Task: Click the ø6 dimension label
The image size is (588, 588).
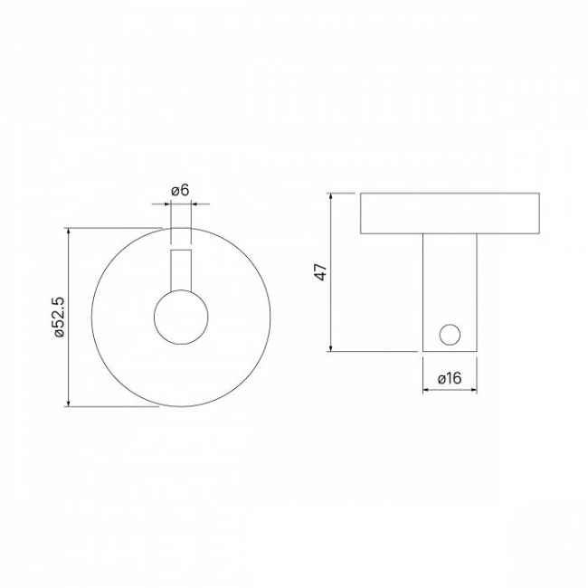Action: (180, 191)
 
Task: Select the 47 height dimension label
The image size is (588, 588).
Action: (321, 272)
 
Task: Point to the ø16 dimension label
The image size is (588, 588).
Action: (450, 378)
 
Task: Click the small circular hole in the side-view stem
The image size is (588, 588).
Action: (450, 335)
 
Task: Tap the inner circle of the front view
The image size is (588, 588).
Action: (181, 317)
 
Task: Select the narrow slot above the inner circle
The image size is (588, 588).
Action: (181, 270)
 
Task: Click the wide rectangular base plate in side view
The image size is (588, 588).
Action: (450, 213)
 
